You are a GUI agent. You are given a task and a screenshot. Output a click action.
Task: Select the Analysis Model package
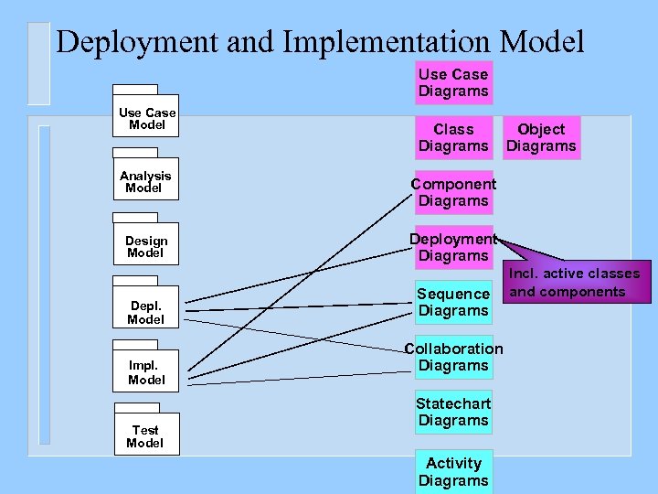pos(145,181)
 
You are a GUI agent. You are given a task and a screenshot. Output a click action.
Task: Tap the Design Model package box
pos(146,246)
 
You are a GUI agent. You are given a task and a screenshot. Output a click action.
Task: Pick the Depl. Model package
pos(146,312)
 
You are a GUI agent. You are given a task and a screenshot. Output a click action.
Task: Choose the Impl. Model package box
pos(146,372)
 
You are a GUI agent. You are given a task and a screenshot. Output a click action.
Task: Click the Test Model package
pos(146,436)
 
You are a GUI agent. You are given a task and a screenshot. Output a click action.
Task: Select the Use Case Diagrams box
pos(453,82)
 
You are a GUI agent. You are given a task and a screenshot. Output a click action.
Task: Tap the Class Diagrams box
pos(453,137)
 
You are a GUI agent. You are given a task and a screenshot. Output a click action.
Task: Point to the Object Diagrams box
pos(541,137)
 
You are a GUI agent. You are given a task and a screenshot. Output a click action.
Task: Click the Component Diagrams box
pos(453,192)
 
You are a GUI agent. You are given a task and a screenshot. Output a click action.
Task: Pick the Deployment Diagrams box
pos(453,247)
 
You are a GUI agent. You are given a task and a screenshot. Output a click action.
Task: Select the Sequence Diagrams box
pos(453,302)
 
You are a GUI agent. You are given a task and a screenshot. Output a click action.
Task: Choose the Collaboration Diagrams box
pos(453,357)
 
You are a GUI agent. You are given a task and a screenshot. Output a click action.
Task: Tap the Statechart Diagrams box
pos(453,412)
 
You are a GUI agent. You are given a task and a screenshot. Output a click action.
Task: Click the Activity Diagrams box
pos(453,471)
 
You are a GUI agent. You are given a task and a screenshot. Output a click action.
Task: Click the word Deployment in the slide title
pos(136,41)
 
